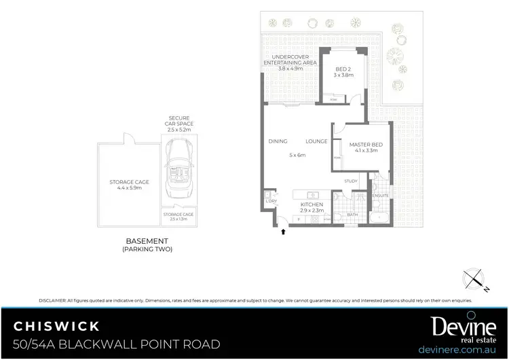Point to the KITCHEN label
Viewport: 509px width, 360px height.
pos(313,204)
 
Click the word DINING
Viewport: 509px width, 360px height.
pos(278,141)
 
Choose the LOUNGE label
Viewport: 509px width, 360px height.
pos(316,141)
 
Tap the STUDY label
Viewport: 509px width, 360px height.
pos(350,181)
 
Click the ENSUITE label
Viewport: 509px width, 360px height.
pos(380,196)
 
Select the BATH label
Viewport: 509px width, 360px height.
pos(352,215)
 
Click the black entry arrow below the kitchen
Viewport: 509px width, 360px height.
pos(284,232)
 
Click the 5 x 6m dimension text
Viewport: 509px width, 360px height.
pos(297,156)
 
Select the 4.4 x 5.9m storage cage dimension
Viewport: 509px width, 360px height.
pos(129,187)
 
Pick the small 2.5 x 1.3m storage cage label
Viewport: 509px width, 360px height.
pos(179,216)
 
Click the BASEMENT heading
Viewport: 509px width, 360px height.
pos(147,241)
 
